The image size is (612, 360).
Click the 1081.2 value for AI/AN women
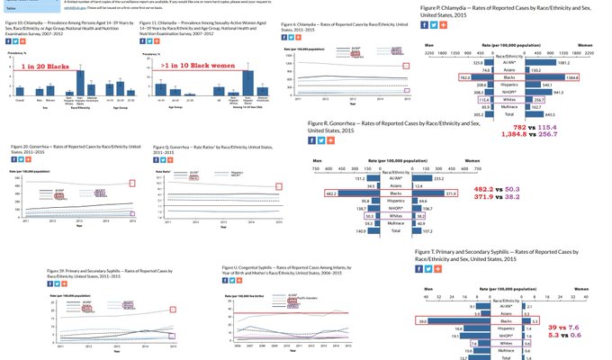pyautogui.click(x=538, y=62)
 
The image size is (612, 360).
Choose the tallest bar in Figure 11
pyautogui.click(x=247, y=82)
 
